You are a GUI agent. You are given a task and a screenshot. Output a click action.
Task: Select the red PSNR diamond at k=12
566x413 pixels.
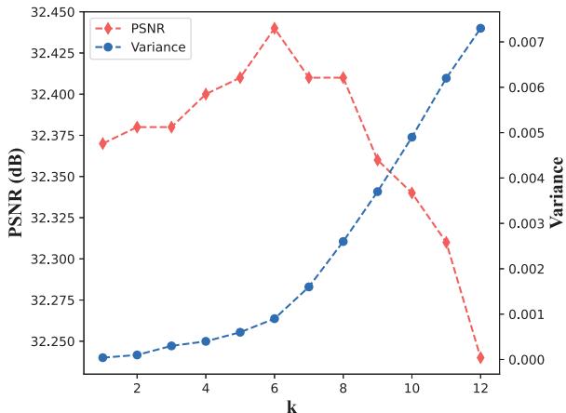pos(480,357)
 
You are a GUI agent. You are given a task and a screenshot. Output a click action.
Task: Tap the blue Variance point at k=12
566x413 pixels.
pos(480,28)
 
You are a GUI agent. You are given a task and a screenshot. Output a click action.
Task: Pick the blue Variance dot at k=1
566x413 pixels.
pos(102,357)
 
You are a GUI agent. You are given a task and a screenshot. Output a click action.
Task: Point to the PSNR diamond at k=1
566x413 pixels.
pos(102,143)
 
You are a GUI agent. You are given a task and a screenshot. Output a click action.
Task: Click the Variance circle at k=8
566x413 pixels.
pos(343,241)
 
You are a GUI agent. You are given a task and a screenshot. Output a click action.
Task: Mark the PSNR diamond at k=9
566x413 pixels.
pos(377,160)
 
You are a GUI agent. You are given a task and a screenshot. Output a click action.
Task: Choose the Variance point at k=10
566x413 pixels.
pos(411,137)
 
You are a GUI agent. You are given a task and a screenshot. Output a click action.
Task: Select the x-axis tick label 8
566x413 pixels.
pos(343,387)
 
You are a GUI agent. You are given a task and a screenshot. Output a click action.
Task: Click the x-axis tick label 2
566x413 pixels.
pos(137,387)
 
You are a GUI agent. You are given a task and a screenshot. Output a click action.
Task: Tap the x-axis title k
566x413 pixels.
pos(291,405)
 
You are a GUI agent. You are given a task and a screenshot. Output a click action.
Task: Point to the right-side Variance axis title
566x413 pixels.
pos(557,193)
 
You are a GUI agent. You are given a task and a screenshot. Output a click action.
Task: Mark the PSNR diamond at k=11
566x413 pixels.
pos(446,242)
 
